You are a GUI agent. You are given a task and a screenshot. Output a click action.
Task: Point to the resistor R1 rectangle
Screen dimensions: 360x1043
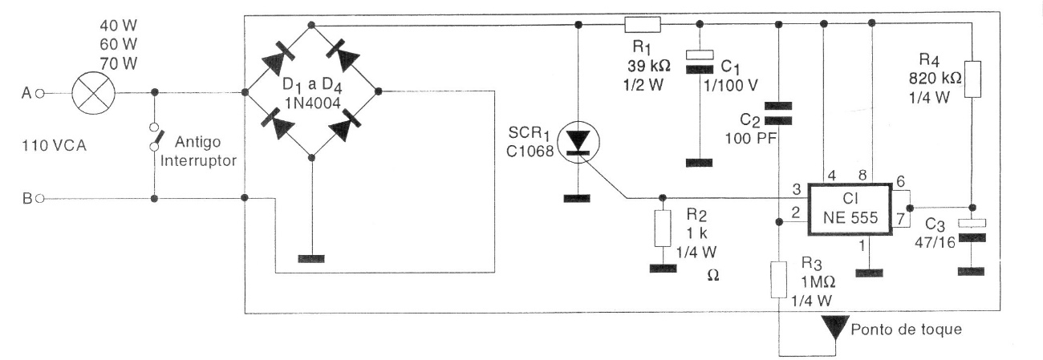click(642, 25)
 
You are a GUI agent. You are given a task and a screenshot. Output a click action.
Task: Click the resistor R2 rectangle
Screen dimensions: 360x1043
click(662, 229)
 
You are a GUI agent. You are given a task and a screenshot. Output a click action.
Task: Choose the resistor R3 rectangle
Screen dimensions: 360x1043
click(777, 279)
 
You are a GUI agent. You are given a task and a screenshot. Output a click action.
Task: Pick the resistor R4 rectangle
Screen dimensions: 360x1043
click(972, 79)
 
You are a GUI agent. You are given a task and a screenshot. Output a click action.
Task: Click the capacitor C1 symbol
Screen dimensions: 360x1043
click(699, 61)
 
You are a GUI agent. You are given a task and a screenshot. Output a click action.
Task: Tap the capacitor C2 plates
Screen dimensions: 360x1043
click(777, 113)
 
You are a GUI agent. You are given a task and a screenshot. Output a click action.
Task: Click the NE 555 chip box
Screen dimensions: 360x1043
click(850, 208)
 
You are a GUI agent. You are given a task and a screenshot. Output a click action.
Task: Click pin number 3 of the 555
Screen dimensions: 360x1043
click(797, 189)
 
